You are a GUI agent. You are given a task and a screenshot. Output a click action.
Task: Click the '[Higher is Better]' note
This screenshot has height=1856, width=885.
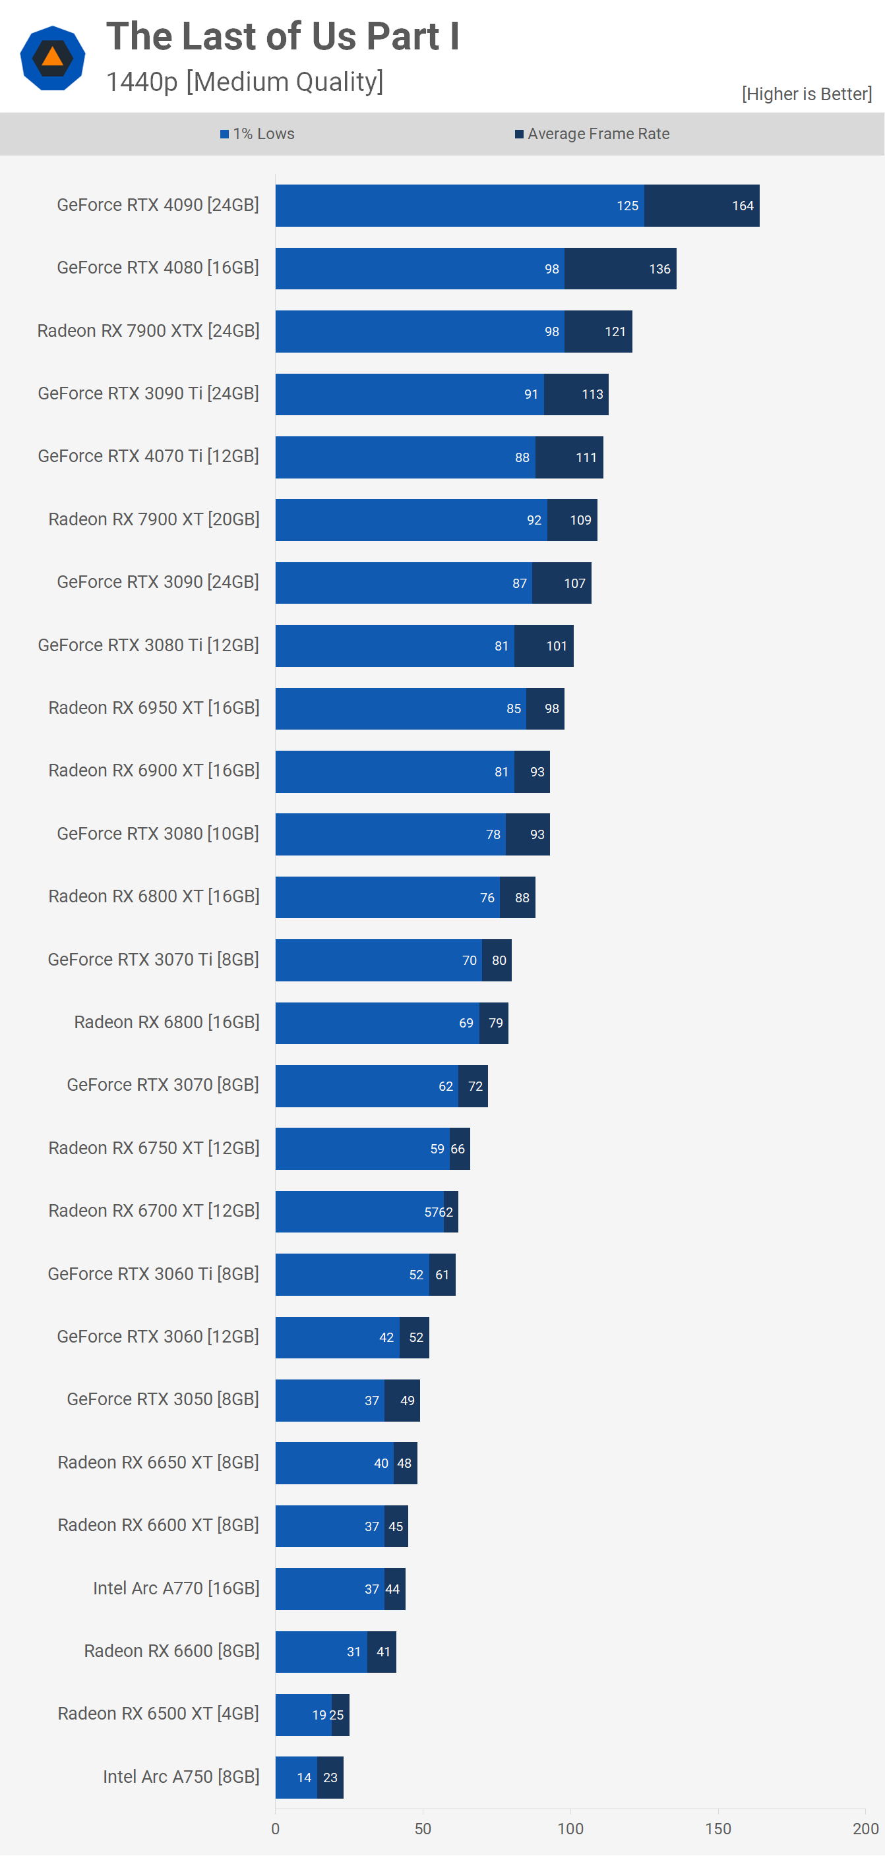point(807,94)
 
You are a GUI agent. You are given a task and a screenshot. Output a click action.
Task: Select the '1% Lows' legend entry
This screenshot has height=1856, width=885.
point(257,134)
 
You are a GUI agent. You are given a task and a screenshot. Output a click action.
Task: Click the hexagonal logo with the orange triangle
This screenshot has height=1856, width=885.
point(53,57)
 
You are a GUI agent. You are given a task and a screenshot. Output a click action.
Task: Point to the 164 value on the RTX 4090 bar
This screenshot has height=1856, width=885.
point(743,206)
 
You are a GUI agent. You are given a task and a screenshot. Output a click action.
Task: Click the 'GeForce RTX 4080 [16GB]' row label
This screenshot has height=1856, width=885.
point(158,268)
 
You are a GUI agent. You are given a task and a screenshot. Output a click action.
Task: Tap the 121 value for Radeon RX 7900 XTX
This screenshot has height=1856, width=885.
point(615,332)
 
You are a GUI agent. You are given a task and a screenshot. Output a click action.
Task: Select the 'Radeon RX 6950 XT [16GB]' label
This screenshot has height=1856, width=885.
point(154,709)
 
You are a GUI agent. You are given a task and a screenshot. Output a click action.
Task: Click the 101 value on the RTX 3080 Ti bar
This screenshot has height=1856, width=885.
point(557,647)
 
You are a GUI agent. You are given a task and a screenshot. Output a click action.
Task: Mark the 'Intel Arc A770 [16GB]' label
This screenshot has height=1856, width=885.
point(176,1588)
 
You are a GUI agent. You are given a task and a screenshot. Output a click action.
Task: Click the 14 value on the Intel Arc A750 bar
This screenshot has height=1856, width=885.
point(304,1778)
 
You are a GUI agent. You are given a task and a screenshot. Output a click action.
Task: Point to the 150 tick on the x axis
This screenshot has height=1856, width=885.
point(717,1828)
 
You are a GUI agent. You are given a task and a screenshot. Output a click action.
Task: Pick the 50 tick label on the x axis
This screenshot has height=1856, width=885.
point(423,1828)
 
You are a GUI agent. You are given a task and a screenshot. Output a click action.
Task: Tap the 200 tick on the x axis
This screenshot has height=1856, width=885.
point(865,1828)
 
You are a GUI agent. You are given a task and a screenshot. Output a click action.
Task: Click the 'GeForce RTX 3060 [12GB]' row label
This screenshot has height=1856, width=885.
point(158,1337)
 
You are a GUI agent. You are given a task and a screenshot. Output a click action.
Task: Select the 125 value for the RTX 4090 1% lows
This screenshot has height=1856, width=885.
point(627,206)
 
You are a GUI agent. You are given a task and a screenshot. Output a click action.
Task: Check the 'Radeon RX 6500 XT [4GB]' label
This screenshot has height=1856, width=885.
point(158,1714)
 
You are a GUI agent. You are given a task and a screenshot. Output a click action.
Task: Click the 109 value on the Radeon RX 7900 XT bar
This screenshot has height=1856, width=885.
point(580,520)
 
